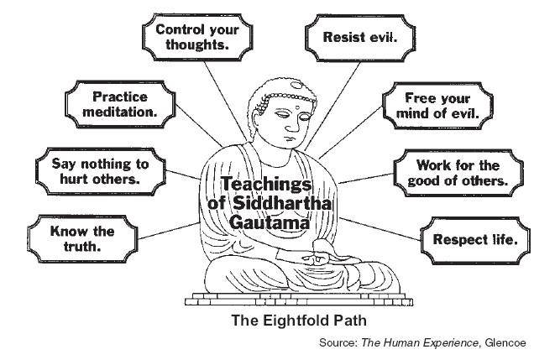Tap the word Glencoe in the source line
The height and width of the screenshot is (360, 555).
(x=518, y=343)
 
